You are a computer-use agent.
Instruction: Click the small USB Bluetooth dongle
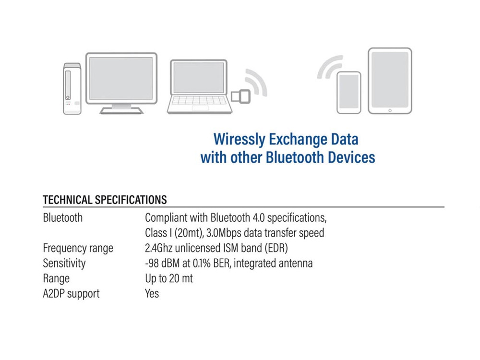pos(240,96)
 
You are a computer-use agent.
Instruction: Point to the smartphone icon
pos(348,93)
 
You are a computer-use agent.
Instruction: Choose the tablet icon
pos(390,80)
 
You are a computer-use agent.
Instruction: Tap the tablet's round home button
pos(390,110)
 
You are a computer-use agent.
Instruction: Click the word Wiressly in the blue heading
pos(239,139)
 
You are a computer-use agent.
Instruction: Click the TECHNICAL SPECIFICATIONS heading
pos(105,200)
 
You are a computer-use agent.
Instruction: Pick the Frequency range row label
pos(78,248)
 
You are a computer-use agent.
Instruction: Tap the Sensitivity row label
pos(64,263)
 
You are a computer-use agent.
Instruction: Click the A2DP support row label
pos(71,293)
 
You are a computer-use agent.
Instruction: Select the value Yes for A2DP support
pos(152,293)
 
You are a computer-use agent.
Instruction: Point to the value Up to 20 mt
pos(168,278)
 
